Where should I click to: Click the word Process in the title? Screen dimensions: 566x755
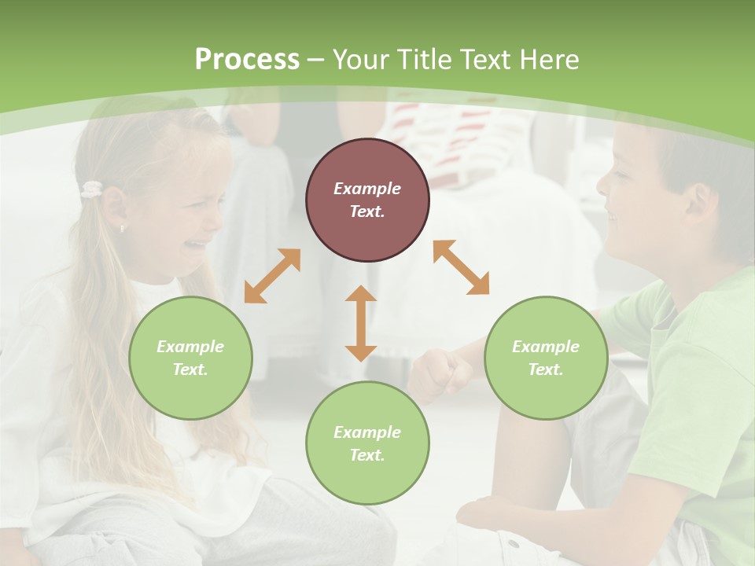(247, 60)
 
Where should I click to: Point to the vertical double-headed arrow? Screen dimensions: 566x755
(361, 323)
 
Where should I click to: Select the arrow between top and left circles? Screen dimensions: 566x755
(272, 276)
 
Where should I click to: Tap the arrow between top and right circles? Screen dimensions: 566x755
(461, 267)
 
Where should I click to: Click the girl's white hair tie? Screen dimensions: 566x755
(93, 189)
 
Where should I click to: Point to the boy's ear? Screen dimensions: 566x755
(698, 202)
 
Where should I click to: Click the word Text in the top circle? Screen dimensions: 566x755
(367, 211)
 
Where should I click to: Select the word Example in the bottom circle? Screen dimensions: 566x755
(367, 432)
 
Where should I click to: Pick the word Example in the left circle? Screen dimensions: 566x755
(190, 347)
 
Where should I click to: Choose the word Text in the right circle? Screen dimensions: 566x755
(546, 369)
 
